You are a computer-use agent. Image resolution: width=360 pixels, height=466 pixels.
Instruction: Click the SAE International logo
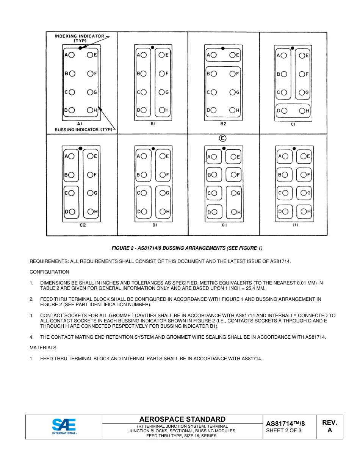tap(64, 426)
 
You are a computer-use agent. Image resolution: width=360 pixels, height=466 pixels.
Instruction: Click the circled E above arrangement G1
tap(223, 138)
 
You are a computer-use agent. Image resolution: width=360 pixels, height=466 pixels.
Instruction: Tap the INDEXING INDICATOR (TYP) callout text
tap(80, 38)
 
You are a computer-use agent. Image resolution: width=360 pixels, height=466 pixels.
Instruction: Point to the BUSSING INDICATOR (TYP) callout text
tap(84, 130)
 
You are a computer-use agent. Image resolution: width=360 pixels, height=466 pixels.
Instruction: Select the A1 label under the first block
tap(80, 124)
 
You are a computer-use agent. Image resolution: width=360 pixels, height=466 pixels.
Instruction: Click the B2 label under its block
tap(223, 124)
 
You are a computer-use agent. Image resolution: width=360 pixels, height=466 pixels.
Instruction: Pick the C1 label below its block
tap(293, 124)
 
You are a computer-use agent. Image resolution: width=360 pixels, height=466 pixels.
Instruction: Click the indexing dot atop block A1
tap(80, 48)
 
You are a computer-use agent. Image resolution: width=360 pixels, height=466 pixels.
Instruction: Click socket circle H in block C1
tap(302, 111)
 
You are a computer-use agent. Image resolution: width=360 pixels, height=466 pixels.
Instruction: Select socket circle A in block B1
tap(144, 55)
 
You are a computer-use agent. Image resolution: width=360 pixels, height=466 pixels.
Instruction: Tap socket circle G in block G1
tap(233, 193)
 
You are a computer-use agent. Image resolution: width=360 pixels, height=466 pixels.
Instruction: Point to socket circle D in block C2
tap(71, 212)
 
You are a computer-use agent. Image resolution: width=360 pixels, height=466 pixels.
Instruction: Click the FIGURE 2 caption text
tap(187, 248)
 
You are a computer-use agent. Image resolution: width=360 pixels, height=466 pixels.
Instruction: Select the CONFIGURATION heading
tap(49, 272)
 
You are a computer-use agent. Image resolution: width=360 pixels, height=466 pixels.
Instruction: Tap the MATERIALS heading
tap(43, 347)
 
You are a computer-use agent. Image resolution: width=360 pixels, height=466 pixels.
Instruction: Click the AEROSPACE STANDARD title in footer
tap(182, 419)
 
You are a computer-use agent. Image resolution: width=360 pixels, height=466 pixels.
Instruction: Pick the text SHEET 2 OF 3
tap(284, 430)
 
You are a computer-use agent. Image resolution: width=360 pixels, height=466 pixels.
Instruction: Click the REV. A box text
tap(330, 426)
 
